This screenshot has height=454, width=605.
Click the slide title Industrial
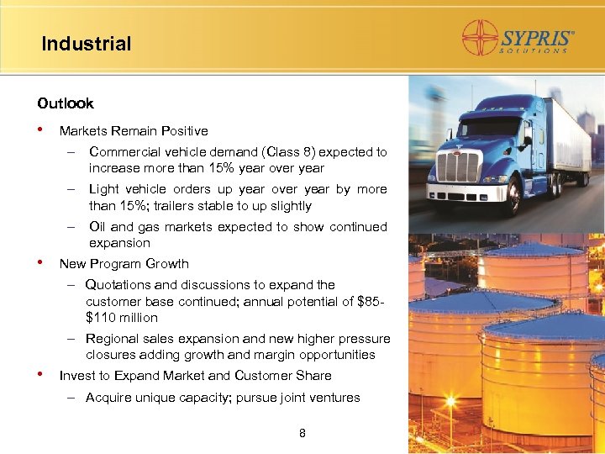87,44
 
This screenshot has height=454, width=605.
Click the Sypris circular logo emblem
481,38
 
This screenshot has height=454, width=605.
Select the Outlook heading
66,103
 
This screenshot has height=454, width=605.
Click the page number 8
302,434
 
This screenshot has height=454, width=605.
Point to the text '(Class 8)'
289,152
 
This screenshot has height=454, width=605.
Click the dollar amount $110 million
122,318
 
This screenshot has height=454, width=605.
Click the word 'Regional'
113,339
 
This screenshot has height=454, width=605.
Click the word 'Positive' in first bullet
183,131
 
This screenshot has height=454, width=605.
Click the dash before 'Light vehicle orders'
73,189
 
